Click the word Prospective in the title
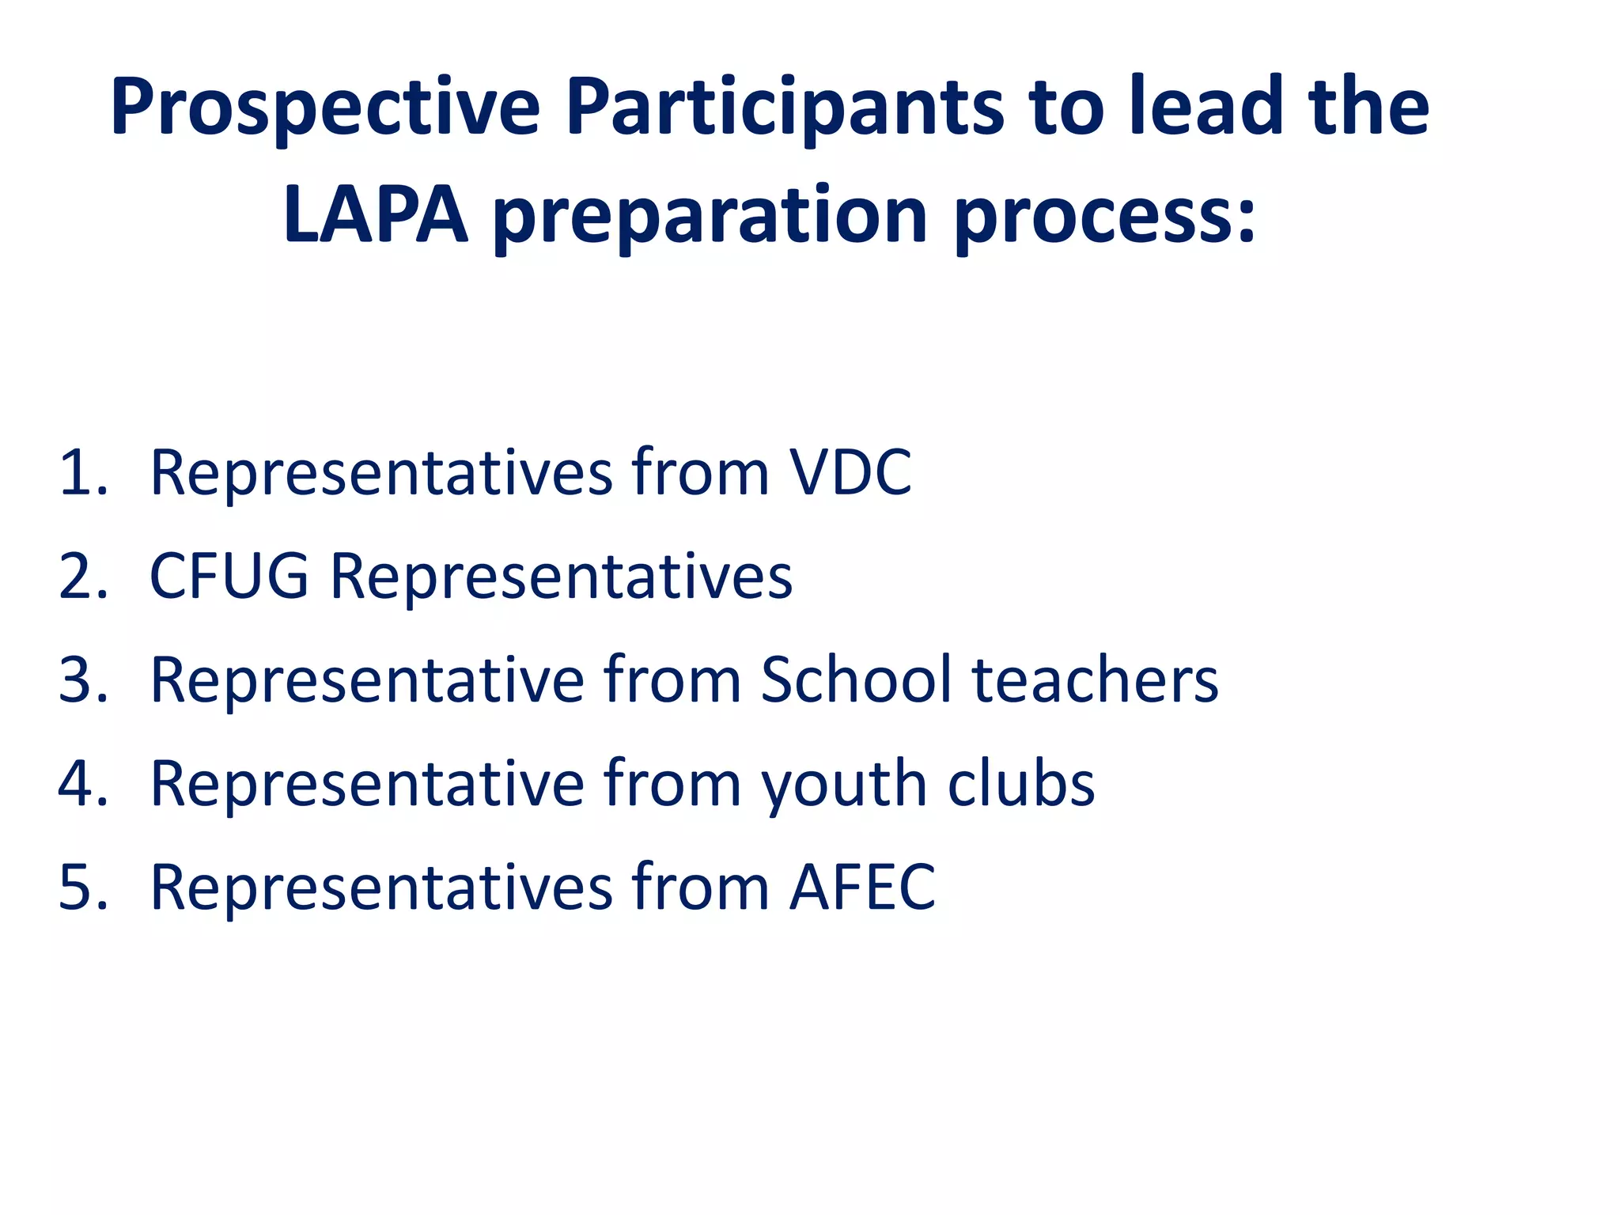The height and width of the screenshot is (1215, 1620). pyautogui.click(x=325, y=107)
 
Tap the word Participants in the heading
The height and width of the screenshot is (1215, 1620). pyautogui.click(x=784, y=107)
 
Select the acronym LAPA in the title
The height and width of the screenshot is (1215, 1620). pyautogui.click(x=375, y=215)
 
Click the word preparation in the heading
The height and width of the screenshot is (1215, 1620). pyautogui.click(x=710, y=218)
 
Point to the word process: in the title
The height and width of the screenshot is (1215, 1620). pyautogui.click(x=1104, y=218)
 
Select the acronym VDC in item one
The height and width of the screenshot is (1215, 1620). pyautogui.click(x=851, y=473)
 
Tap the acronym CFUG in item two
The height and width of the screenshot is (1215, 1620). pyautogui.click(x=229, y=577)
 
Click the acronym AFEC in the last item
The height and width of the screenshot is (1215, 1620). pyautogui.click(x=862, y=888)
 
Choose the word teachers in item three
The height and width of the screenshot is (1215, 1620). pyautogui.click(x=1095, y=680)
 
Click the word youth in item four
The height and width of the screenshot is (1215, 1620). pyautogui.click(x=843, y=785)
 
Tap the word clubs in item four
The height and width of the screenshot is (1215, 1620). pyautogui.click(x=1020, y=784)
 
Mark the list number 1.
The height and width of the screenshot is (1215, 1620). pyautogui.click(x=82, y=473)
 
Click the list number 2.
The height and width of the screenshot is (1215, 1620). pyautogui.click(x=82, y=577)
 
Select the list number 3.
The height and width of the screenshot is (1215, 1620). pyautogui.click(x=82, y=680)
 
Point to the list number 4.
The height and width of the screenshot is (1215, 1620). pyautogui.click(x=82, y=784)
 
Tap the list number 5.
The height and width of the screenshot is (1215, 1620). pyautogui.click(x=82, y=888)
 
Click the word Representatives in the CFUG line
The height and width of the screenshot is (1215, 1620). pyautogui.click(x=561, y=577)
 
